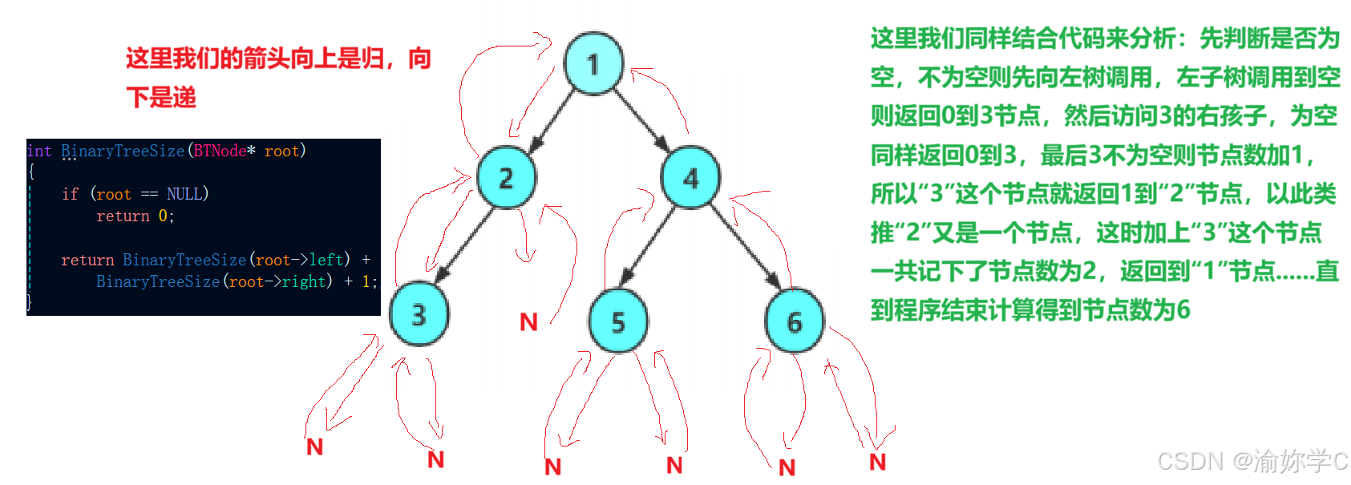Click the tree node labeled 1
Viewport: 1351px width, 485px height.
point(593,63)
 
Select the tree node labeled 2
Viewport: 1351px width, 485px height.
point(506,178)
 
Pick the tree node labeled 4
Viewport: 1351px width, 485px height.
point(690,178)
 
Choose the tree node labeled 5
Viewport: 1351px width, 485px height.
point(617,321)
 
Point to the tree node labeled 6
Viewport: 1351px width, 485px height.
point(794,321)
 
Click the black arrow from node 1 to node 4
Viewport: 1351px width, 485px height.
point(641,120)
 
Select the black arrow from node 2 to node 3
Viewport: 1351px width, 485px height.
point(463,245)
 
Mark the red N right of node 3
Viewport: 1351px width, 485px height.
point(528,322)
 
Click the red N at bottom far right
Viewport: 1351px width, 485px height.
point(877,462)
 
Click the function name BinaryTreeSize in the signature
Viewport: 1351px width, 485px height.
point(123,151)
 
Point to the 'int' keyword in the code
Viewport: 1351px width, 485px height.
point(38,151)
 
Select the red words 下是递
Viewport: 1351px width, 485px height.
point(161,98)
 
